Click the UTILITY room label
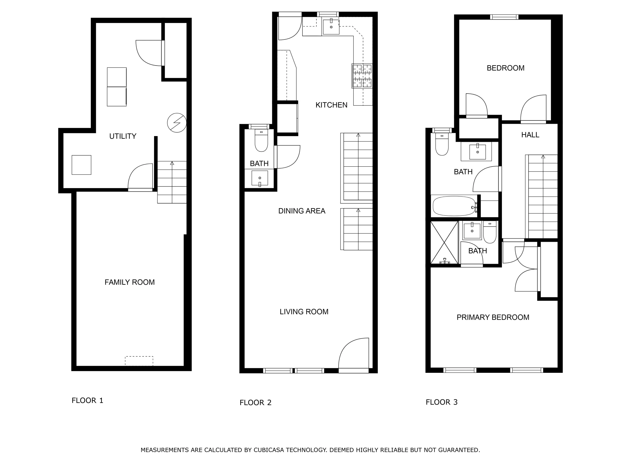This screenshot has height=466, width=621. pos(123,136)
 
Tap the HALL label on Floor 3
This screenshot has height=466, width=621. pos(530,135)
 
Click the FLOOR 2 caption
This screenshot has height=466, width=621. pos(255,402)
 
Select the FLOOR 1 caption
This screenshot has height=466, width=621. pos(87,400)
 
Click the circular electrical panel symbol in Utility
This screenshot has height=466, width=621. pos(177,123)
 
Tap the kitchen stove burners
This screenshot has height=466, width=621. pos(362,76)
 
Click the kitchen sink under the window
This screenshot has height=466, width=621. pos(331,27)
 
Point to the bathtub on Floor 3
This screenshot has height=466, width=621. pos(455,206)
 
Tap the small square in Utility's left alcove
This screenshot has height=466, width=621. pos(81,165)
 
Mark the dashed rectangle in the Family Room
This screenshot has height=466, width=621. pos(139,361)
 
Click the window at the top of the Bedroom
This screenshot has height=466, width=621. pos(504,17)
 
